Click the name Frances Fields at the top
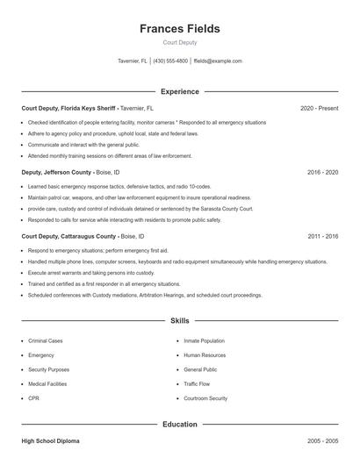[x=179, y=29]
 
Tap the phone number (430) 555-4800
[x=170, y=61]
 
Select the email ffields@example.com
[x=218, y=61]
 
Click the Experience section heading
[x=179, y=91]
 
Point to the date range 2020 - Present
[x=319, y=108]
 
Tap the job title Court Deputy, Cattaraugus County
[x=68, y=236]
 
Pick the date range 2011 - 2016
[x=322, y=236]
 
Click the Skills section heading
[x=179, y=321]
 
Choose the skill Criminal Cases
[x=46, y=340]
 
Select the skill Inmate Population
[x=204, y=340]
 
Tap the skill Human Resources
[x=205, y=355]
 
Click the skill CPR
[x=33, y=398]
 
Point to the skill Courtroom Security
[x=205, y=398]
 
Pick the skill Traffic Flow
[x=197, y=383]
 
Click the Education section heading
[x=179, y=424]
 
